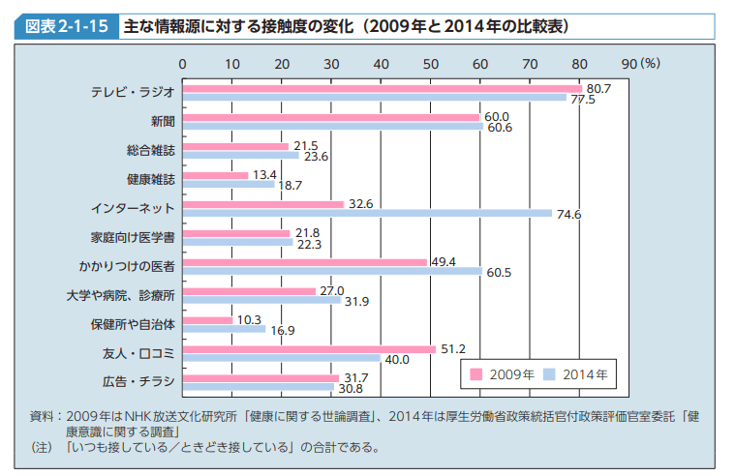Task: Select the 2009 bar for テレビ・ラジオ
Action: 382,89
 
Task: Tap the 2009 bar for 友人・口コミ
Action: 309,349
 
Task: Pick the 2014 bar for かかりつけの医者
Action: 331,271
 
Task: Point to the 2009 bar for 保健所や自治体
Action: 207,320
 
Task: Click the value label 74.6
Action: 568,215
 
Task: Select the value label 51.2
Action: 454,348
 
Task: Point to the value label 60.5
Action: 499,273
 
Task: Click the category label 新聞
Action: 162,122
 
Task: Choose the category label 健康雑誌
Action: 150,180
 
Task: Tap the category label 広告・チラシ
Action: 138,381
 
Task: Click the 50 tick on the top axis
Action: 431,64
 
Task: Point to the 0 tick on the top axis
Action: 182,64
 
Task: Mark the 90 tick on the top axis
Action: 629,64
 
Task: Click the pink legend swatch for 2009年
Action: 476,373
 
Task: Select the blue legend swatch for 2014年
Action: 548,373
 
